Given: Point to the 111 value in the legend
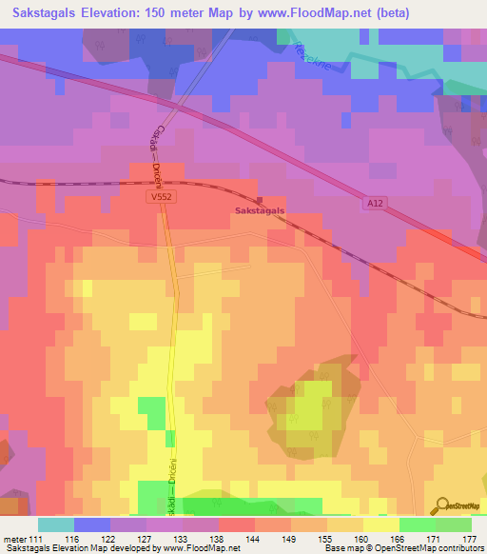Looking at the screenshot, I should click(37, 538).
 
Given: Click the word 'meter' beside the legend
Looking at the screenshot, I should click(13, 538).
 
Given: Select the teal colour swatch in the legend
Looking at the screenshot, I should click(55, 524).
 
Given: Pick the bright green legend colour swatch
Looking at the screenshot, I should click(417, 524).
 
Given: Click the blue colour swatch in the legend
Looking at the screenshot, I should click(91, 524).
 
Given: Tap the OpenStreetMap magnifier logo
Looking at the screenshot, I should click(443, 505).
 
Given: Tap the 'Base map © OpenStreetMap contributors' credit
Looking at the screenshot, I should click(402, 548).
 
